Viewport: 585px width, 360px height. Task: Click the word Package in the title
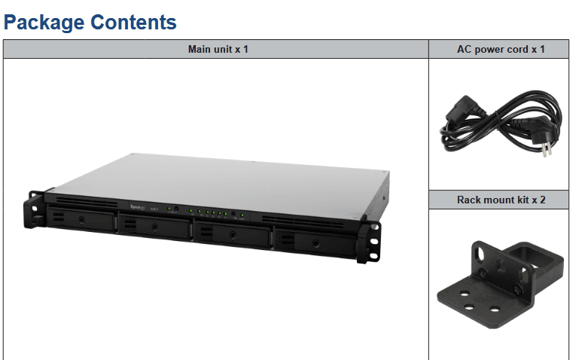(44, 23)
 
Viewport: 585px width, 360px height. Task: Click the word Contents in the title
(134, 23)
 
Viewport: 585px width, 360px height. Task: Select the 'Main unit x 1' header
(218, 49)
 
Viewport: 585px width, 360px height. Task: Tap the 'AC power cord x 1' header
(501, 49)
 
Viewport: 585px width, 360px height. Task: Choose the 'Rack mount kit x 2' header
(501, 200)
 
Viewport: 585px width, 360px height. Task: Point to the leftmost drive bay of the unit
(81, 220)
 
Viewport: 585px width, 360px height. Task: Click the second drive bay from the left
(154, 226)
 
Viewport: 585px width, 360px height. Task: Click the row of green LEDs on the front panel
(207, 212)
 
